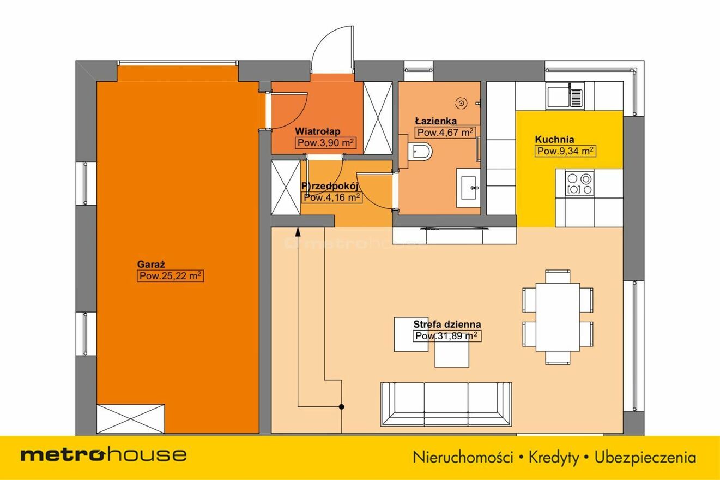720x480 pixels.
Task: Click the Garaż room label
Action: tap(151, 265)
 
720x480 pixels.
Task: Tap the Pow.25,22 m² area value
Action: tap(171, 276)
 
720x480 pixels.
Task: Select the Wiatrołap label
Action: tap(318, 131)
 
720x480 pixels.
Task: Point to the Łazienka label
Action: tap(436, 121)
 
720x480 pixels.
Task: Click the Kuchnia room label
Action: tap(554, 139)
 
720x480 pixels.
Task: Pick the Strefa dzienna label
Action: tap(447, 325)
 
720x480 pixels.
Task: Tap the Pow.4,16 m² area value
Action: tap(332, 197)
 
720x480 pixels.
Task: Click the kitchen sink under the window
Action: tap(565, 95)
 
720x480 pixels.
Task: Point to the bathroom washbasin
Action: tap(468, 188)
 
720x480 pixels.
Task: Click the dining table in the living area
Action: tap(558, 317)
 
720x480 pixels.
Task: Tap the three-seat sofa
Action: tap(446, 404)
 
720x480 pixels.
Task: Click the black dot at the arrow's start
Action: tap(342, 407)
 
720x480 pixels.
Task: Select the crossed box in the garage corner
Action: tap(131, 419)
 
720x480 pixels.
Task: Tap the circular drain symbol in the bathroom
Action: tap(462, 103)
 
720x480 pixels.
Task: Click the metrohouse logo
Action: tap(104, 455)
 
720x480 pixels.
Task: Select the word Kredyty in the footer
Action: tap(554, 458)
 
